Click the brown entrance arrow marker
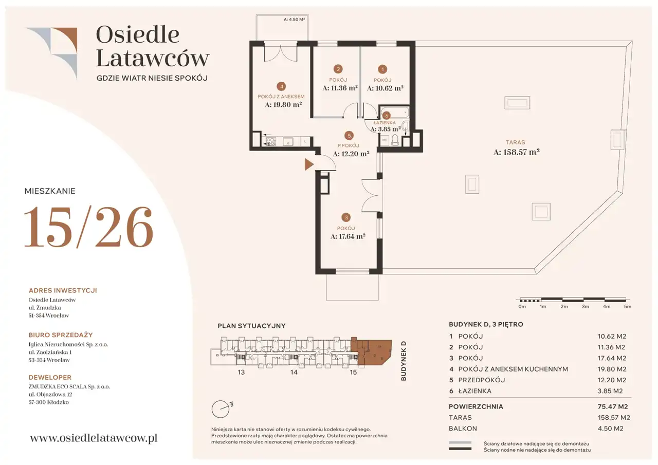coord(309,164)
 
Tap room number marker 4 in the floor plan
coord(281,86)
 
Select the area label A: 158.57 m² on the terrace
coord(517,152)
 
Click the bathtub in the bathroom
coord(394,112)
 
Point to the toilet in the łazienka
coord(395,140)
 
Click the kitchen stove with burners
coord(270,141)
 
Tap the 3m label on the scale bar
coord(585,306)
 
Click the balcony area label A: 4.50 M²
coord(294,20)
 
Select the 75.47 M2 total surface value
coord(613,406)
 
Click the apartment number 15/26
coord(88,227)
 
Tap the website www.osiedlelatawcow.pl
coord(94,438)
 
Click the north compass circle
coord(221,409)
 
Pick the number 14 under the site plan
coord(294,372)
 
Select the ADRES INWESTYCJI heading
coord(63,290)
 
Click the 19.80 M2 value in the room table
coord(612,369)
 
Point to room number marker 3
coord(346,217)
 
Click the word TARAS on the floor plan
coord(515,142)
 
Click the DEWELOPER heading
coord(50,377)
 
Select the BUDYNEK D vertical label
coord(404,361)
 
